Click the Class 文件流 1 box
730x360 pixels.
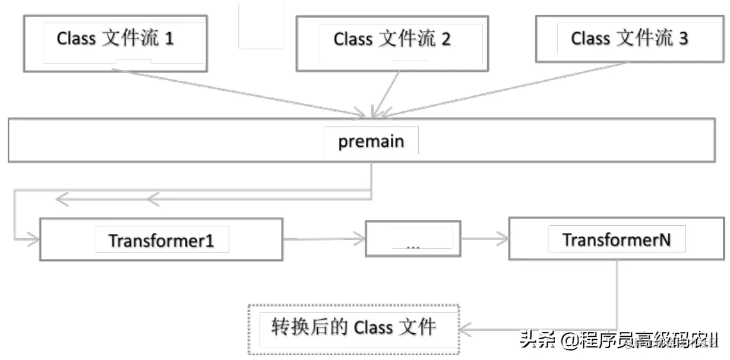pos(115,40)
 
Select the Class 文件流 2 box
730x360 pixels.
pos(391,40)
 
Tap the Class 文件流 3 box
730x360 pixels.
pos(629,39)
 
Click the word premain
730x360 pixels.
pos(371,141)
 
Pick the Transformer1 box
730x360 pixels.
pos(161,240)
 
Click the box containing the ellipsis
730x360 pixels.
pos(413,240)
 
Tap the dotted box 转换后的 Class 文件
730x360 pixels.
pos(354,329)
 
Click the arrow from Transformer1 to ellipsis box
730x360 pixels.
pos(324,239)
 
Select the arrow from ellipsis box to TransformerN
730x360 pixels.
pos(484,239)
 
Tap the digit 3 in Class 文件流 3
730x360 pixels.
pos(683,39)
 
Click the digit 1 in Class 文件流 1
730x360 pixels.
pos(169,40)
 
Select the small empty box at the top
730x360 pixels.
pos(261,25)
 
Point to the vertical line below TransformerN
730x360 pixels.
pos(617,294)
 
